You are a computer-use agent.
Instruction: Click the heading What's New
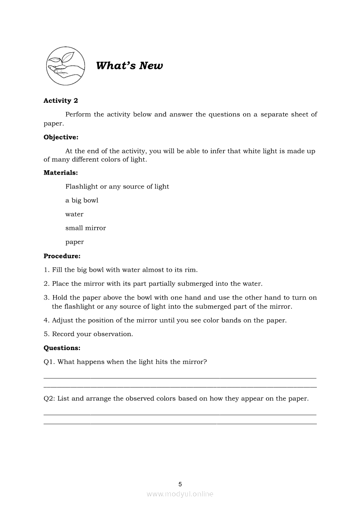(129, 66)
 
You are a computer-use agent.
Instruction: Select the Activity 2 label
(61, 101)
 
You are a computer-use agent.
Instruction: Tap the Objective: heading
(61, 137)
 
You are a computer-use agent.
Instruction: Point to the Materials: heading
(61, 172)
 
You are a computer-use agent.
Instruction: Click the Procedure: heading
(62, 256)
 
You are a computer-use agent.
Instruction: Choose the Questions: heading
(62, 348)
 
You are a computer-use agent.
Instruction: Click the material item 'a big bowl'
(82, 200)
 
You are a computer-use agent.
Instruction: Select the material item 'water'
(75, 214)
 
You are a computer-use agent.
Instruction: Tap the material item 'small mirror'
(85, 228)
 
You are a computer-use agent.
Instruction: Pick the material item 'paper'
(75, 242)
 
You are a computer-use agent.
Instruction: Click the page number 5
(180, 484)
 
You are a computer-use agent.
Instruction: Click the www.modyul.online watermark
(180, 494)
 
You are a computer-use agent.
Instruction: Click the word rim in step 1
(191, 270)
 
